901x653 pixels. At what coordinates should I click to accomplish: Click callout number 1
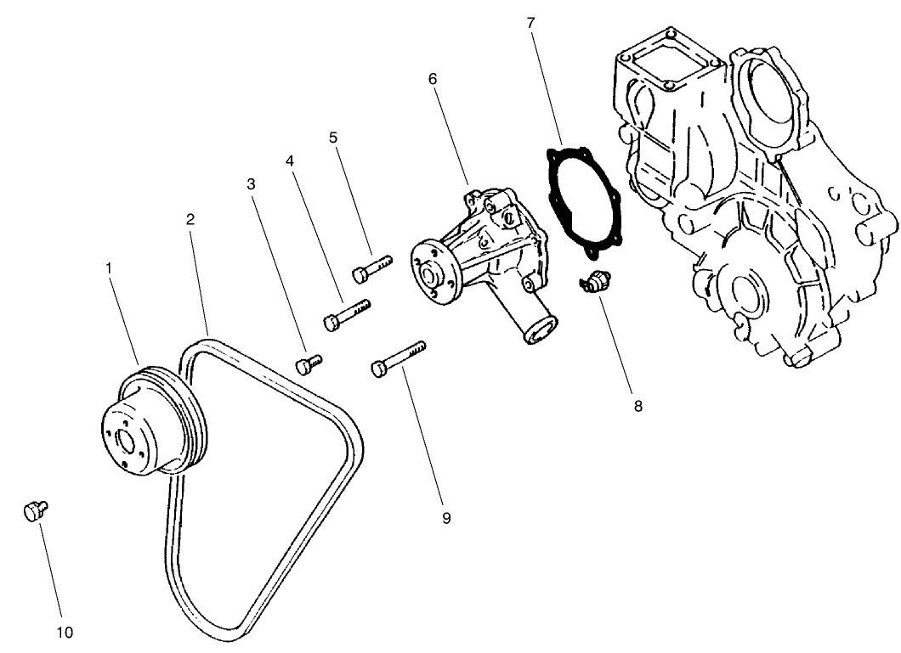pyautogui.click(x=109, y=267)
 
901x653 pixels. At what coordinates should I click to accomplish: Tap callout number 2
pyautogui.click(x=190, y=219)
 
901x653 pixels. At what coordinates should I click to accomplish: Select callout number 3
pyautogui.click(x=251, y=183)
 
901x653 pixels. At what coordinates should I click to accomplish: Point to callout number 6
pyautogui.click(x=433, y=78)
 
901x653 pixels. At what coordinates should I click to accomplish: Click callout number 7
pyautogui.click(x=531, y=23)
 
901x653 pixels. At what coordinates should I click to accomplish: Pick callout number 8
pyautogui.click(x=637, y=406)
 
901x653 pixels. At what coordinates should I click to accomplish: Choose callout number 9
pyautogui.click(x=446, y=517)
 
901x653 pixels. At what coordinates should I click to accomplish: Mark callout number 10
pyautogui.click(x=65, y=633)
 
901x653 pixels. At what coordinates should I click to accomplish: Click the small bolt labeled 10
pyautogui.click(x=34, y=511)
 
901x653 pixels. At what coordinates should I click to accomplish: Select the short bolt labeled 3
pyautogui.click(x=308, y=364)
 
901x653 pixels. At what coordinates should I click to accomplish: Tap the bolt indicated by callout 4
pyautogui.click(x=347, y=314)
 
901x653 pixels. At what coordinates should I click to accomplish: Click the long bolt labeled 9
pyautogui.click(x=397, y=358)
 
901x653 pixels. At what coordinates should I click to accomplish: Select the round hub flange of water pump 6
pyautogui.click(x=433, y=269)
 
